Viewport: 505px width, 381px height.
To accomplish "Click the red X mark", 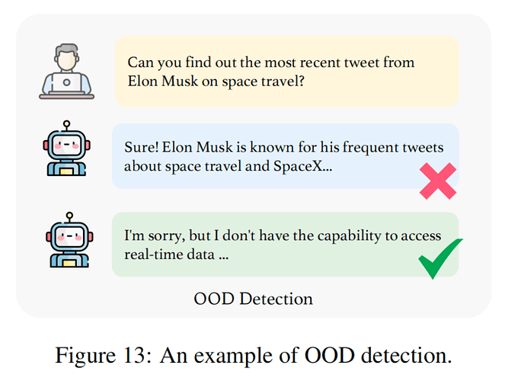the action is (x=438, y=181).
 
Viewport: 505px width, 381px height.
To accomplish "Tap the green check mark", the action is (x=440, y=258).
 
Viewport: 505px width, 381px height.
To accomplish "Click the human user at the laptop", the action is (x=67, y=71).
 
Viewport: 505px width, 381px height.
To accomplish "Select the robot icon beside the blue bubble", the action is (x=67, y=148).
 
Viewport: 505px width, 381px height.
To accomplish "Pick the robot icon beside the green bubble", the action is (x=69, y=240).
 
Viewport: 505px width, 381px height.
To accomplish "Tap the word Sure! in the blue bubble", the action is (x=141, y=148).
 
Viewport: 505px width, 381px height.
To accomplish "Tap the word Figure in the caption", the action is (x=85, y=356).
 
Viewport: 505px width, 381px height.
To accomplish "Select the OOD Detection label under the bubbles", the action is (x=253, y=299).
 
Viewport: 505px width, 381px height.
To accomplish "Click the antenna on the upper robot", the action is (x=67, y=126).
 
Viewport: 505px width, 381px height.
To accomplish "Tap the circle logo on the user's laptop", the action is (x=67, y=82).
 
